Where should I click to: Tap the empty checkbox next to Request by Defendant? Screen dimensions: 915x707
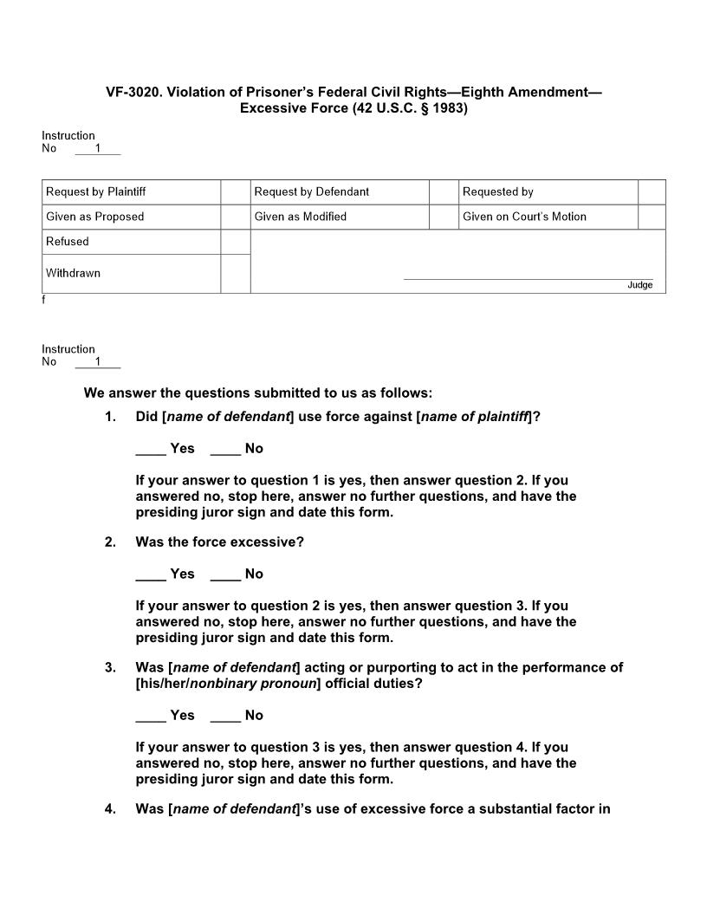click(444, 191)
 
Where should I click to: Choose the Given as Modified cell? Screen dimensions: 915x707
click(340, 217)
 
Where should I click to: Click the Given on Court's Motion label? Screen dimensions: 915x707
click(524, 217)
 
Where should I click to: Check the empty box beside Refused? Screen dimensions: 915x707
click(235, 242)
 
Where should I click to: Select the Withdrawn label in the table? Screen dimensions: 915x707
click(74, 273)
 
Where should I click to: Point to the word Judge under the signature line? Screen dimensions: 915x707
click(639, 285)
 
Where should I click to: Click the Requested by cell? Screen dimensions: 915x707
click(548, 191)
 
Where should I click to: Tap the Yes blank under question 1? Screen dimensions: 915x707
click(151, 449)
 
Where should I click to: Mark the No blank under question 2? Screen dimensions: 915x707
click(225, 574)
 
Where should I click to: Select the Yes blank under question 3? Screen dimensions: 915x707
click(151, 716)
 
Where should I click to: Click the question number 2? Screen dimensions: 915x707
click(110, 542)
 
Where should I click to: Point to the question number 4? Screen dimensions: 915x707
click(110, 809)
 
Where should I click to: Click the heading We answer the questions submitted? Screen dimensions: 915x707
click(257, 393)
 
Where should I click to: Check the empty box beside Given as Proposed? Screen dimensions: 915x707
click(235, 217)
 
